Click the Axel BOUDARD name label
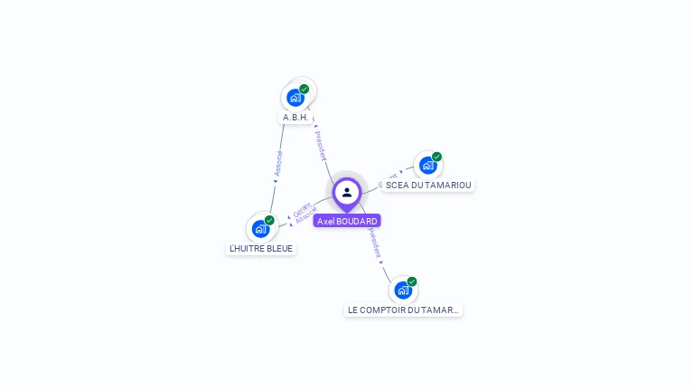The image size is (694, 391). (x=347, y=221)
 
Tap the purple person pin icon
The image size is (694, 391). (x=347, y=193)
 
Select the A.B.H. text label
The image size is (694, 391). (x=295, y=118)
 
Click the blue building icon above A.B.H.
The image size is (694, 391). (x=295, y=98)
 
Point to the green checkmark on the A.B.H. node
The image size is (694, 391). (x=305, y=89)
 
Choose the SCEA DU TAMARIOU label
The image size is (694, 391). (x=428, y=185)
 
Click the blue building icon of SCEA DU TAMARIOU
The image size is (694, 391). (x=427, y=166)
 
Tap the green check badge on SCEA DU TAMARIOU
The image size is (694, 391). (x=437, y=157)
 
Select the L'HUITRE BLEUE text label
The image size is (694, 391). (x=261, y=248)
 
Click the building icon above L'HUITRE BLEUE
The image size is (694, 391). (x=260, y=229)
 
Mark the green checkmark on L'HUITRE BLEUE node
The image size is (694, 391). (x=269, y=220)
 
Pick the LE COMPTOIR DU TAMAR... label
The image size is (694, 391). (x=403, y=310)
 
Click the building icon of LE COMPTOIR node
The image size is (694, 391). (x=403, y=291)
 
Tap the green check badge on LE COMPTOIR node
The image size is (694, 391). (x=412, y=281)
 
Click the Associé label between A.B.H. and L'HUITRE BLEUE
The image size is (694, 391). (x=279, y=164)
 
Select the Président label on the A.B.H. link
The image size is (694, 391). (x=320, y=146)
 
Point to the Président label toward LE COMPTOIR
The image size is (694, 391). (x=374, y=243)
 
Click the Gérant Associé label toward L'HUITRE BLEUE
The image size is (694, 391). (x=305, y=213)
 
